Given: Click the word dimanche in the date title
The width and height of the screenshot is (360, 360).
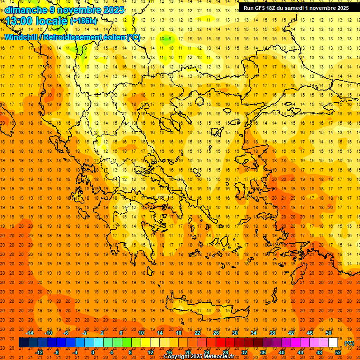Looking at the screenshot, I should click(x=26, y=10).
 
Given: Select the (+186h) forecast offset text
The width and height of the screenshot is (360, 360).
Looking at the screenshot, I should click(x=83, y=22).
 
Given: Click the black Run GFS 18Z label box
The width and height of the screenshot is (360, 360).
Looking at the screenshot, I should click(x=296, y=8).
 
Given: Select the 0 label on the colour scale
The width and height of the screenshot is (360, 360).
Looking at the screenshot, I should click(x=93, y=352).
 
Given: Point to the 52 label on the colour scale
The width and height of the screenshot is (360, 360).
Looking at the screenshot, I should click(x=338, y=352).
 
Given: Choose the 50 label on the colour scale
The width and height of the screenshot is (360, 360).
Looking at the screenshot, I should click(x=329, y=333).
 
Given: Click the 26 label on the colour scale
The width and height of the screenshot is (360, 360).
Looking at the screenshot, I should click(x=216, y=333).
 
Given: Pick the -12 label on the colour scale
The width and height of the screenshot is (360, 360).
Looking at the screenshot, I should click(x=39, y=352).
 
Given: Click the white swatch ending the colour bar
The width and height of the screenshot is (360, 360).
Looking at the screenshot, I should click(x=333, y=343).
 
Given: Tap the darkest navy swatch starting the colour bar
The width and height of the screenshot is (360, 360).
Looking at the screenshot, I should click(x=23, y=343).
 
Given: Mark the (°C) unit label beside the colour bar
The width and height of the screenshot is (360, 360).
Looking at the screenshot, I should click(x=349, y=343).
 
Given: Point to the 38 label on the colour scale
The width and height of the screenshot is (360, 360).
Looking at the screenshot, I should click(x=272, y=333).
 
